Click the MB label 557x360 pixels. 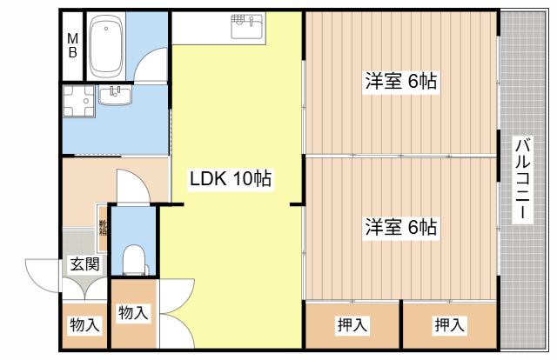pyautogui.click(x=72, y=45)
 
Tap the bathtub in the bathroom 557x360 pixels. pyautogui.click(x=106, y=46)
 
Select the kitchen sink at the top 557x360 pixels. pyautogui.click(x=248, y=25)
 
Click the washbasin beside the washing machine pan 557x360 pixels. pyautogui.click(x=115, y=95)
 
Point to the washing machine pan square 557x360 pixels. pyautogui.click(x=79, y=101)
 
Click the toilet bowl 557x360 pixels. pyautogui.click(x=134, y=260)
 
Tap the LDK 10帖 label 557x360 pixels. pyautogui.click(x=231, y=178)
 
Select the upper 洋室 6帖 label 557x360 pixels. pyautogui.click(x=401, y=81)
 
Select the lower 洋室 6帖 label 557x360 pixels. pyautogui.click(x=401, y=227)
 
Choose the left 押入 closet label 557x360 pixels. pyautogui.click(x=352, y=324)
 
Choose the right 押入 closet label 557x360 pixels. pyautogui.click(x=449, y=324)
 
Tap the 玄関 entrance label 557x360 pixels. pyautogui.click(x=84, y=264)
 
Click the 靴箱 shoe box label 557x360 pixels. pyautogui.click(x=103, y=228)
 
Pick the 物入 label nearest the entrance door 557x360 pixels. pyautogui.click(x=84, y=325)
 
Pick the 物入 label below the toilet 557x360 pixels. pyautogui.click(x=132, y=313)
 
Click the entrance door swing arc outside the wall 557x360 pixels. pyautogui.click(x=36, y=281)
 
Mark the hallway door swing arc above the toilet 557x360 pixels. pyautogui.click(x=142, y=179)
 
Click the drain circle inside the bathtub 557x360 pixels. pyautogui.click(x=106, y=29)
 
